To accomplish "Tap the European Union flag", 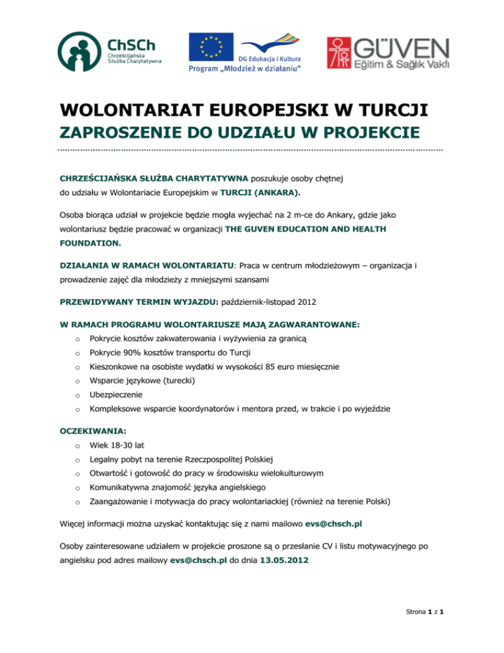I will (x=211, y=46).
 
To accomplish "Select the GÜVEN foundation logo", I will (x=388, y=53).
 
